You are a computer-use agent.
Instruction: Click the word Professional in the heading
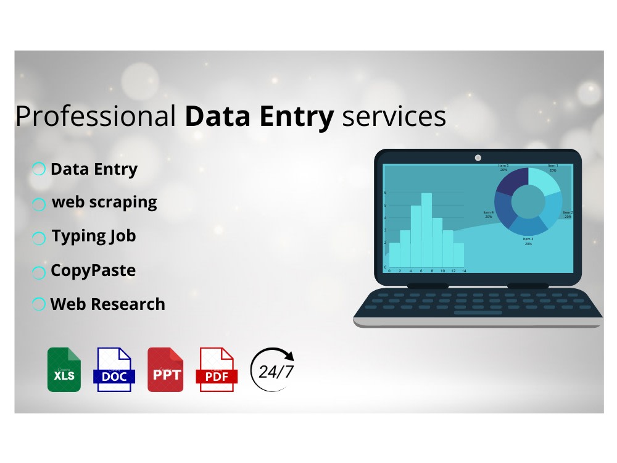point(96,117)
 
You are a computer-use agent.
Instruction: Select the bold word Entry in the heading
point(300,117)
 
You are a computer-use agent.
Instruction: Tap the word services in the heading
point(394,117)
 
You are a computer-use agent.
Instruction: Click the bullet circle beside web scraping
point(39,204)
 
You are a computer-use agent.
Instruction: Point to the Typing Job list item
point(93,236)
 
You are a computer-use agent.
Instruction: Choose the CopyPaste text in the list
point(93,270)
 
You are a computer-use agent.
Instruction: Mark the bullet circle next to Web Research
point(39,304)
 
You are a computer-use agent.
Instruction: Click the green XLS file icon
point(64,370)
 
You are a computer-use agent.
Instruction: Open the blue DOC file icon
point(114,370)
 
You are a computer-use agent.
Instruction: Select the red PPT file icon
point(165,370)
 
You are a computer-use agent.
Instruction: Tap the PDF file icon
point(216,370)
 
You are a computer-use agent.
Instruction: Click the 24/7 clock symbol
point(272,370)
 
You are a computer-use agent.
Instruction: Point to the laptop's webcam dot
point(478,158)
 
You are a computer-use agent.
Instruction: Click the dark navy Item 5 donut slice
point(513,181)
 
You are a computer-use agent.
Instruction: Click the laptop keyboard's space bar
point(478,313)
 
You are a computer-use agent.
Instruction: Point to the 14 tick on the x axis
point(463,271)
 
